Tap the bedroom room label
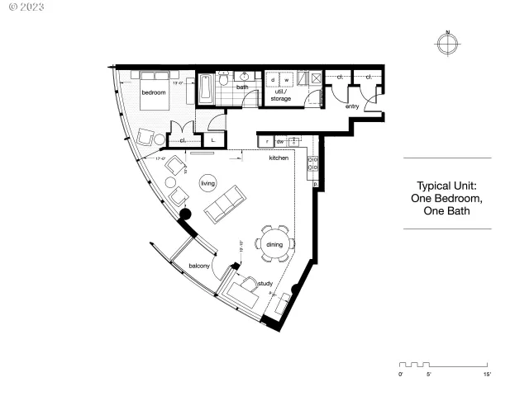153,93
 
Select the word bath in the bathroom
242,87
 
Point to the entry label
352,106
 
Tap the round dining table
273,243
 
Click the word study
265,283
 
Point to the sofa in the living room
225,204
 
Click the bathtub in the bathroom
206,90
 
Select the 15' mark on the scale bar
488,375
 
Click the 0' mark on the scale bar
401,375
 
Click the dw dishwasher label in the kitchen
280,142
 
